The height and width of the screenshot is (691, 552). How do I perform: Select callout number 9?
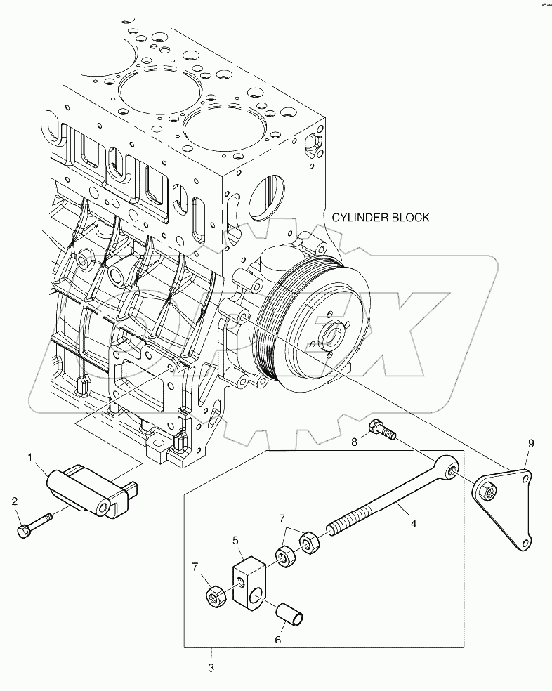point(531,443)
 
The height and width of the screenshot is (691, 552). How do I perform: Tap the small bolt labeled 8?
point(380,430)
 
